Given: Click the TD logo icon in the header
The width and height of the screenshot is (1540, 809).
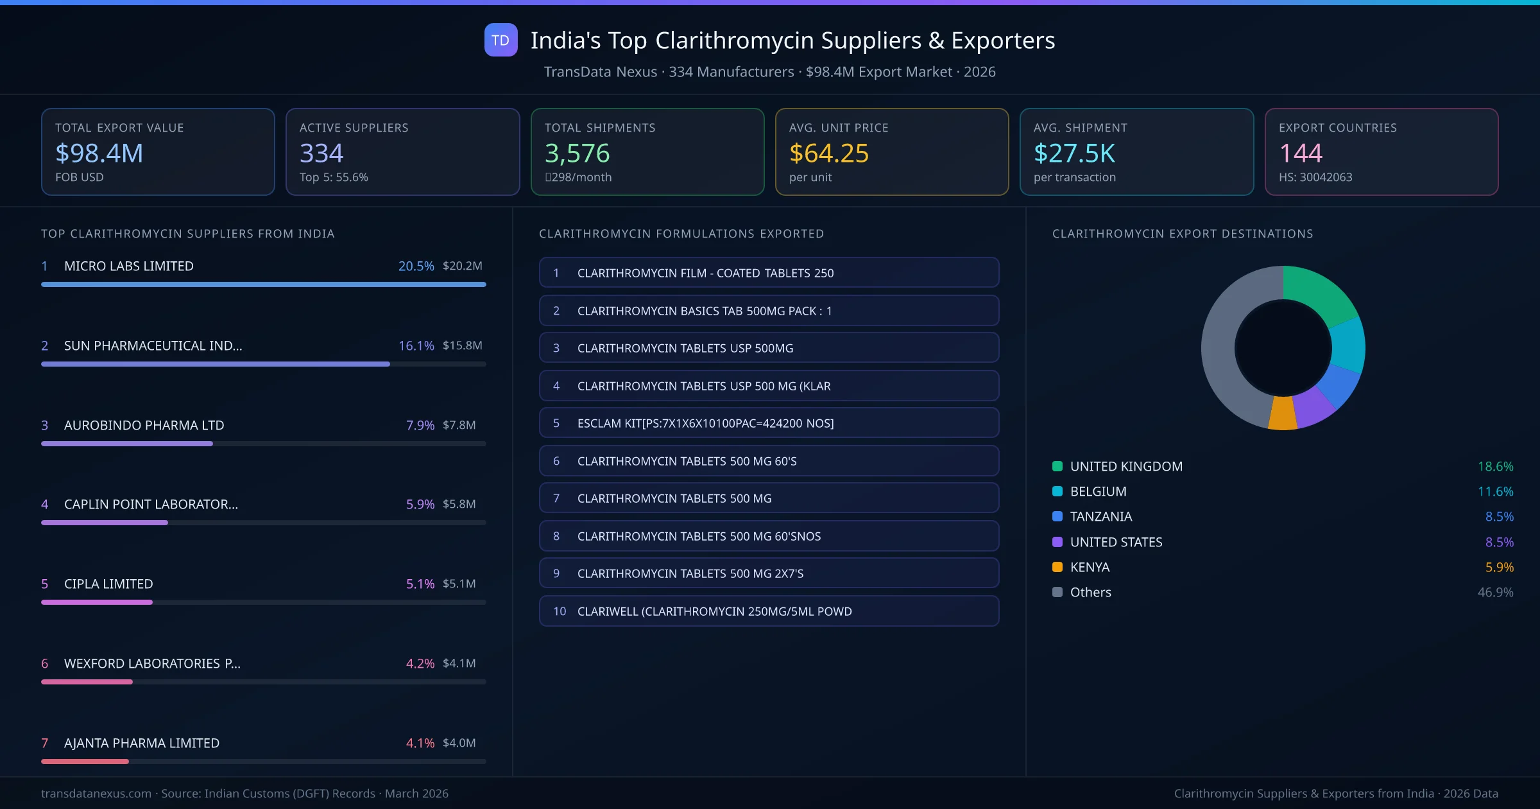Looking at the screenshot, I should point(501,40).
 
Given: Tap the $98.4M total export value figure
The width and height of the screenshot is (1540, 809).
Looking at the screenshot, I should point(99,153).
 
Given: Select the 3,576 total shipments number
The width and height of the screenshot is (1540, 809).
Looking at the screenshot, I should point(577,153).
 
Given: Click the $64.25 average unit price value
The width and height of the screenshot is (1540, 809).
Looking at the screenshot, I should point(828,153).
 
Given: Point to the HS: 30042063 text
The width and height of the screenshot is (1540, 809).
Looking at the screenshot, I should point(1315,177).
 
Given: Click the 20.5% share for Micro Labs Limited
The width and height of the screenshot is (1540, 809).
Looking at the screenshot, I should point(416,266).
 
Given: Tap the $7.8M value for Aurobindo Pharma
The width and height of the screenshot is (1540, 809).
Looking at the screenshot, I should point(459,425).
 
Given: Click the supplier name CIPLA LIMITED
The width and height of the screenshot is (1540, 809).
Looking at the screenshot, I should point(108,584).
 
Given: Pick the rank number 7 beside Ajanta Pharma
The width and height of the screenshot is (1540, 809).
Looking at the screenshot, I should point(45,743).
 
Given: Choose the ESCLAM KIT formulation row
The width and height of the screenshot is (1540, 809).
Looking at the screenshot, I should point(769,423).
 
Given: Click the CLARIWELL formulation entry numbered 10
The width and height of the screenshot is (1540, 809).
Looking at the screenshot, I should point(769,611).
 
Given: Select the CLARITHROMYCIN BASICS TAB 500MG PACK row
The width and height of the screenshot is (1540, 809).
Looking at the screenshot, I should point(769,311).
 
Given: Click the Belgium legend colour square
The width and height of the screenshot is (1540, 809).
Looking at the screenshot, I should point(1057,491).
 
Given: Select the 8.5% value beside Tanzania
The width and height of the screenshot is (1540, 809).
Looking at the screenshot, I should point(1499,516).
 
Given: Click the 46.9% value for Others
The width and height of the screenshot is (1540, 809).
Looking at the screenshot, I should point(1495,592).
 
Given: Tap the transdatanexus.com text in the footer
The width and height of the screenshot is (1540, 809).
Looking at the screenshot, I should point(96,794).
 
